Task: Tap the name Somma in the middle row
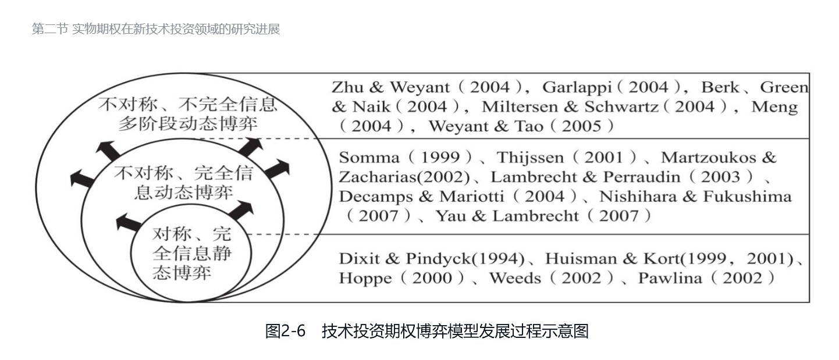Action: [x=362, y=158]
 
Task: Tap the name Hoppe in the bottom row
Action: [x=365, y=278]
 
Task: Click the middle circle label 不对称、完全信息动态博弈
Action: [x=184, y=183]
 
